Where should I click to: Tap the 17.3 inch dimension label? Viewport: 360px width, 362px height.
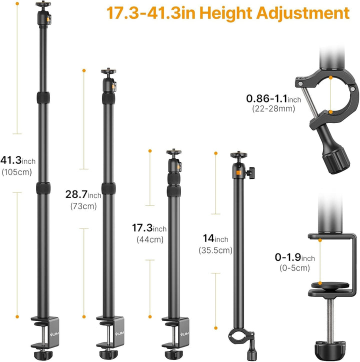pos(151,228)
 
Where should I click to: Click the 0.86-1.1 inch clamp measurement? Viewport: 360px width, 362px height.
pos(273,98)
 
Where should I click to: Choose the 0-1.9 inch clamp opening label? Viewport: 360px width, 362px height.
pos(294,257)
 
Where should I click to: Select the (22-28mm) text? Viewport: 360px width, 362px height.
pos(273,108)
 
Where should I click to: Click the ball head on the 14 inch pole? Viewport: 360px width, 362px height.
pos(238,165)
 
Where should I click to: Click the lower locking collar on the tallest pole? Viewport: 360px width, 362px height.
pos(43,188)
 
